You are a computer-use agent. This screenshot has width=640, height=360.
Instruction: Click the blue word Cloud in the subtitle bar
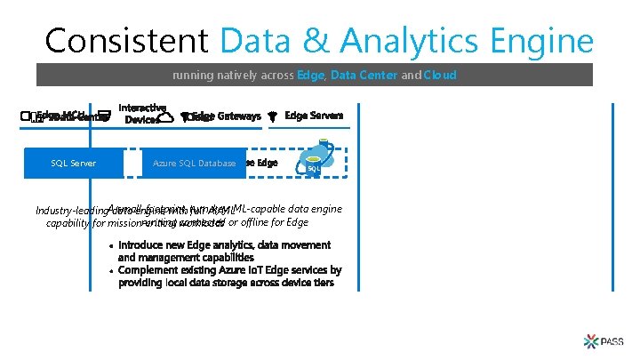click(440, 76)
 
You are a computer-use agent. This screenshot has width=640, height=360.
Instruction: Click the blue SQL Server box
click(74, 163)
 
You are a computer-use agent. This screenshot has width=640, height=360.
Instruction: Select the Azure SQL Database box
click(194, 163)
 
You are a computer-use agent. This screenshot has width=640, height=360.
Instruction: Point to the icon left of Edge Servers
click(273, 116)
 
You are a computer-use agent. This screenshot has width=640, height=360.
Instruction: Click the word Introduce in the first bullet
click(147, 244)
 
